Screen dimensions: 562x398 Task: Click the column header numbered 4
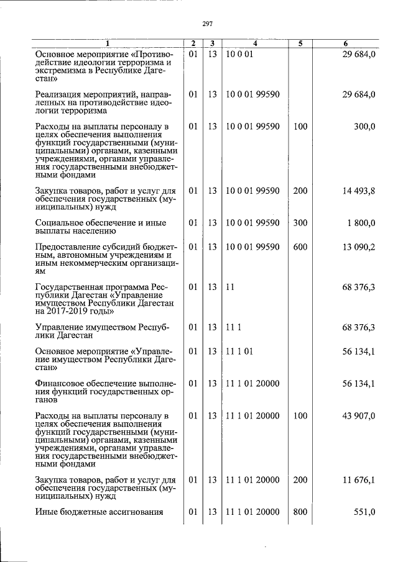(x=256, y=43)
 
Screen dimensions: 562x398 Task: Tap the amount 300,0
(x=364, y=127)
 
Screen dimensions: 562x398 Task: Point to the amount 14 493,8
(x=359, y=191)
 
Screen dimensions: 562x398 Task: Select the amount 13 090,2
(x=359, y=247)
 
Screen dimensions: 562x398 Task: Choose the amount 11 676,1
(x=359, y=481)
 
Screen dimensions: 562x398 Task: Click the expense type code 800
(x=300, y=512)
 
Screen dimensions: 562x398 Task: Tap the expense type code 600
(x=300, y=247)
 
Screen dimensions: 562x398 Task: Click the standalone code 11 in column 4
(x=230, y=288)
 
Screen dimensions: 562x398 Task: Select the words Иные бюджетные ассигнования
(x=99, y=512)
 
